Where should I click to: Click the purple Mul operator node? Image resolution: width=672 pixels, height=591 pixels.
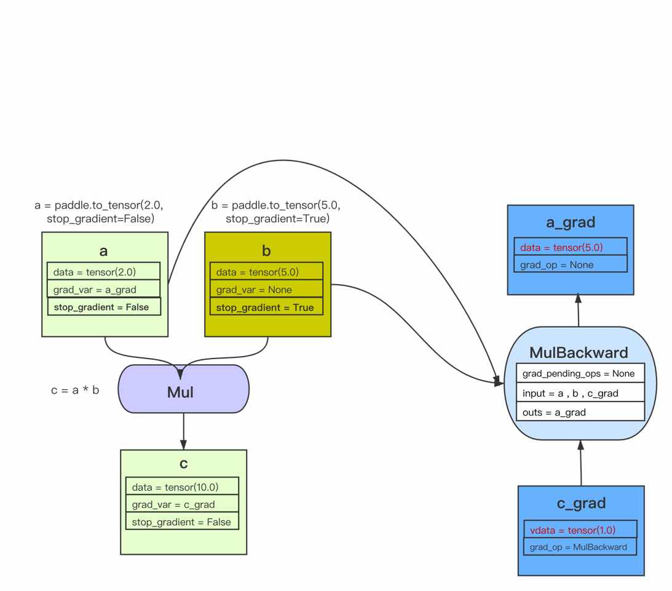point(183,391)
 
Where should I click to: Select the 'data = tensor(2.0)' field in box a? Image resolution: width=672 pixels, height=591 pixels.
point(103,271)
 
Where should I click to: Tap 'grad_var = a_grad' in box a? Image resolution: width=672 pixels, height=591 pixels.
point(103,289)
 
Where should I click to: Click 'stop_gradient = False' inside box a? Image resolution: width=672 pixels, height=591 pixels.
point(103,307)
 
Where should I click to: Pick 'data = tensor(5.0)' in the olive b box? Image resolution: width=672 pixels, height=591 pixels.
point(266,271)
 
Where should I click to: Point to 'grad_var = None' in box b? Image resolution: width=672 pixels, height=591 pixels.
point(266,290)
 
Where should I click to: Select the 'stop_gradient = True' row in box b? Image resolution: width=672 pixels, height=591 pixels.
point(266,307)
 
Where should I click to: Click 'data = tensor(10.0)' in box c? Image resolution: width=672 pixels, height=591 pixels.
point(182,487)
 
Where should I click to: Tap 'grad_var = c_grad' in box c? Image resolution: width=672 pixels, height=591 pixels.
point(182,504)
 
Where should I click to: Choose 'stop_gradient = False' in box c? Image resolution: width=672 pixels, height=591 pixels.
point(182,522)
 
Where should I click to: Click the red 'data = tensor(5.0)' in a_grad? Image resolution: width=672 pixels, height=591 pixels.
point(570,247)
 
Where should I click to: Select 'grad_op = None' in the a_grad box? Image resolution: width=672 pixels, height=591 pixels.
point(570,265)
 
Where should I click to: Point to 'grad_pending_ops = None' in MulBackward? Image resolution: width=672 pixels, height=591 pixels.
point(580,373)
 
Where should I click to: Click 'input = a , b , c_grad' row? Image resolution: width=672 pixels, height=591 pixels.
point(580,393)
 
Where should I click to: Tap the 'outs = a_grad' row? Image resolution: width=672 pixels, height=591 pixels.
point(580,412)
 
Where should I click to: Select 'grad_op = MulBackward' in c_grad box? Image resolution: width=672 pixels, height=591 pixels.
point(580,547)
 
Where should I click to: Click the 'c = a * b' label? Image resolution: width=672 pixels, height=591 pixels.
point(74,391)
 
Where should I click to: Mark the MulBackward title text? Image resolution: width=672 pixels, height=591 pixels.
point(579,352)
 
